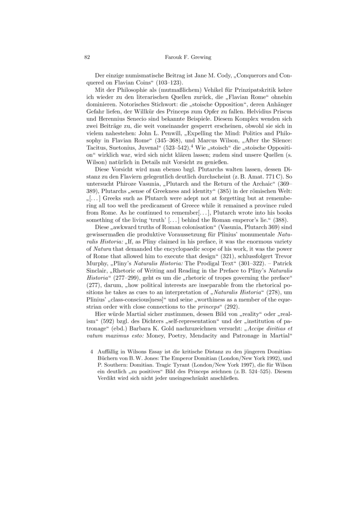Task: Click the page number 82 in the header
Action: (x=88, y=57)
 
